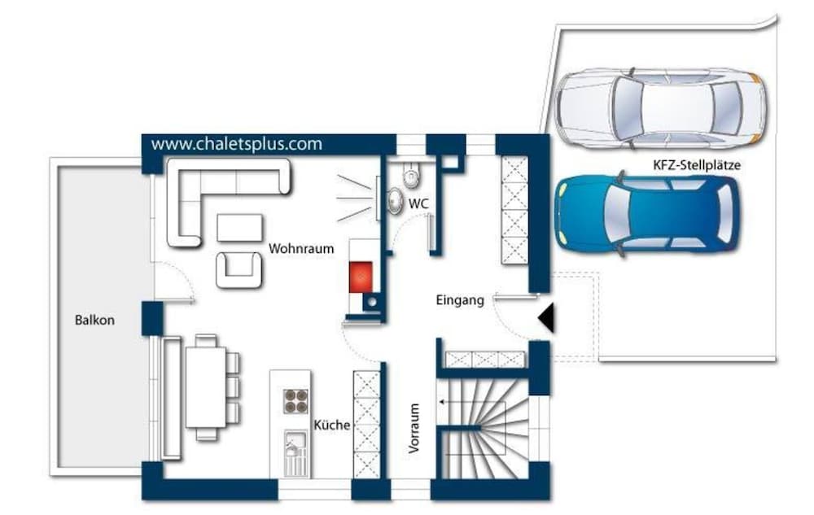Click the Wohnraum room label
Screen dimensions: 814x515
click(301, 248)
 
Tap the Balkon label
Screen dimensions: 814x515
click(94, 320)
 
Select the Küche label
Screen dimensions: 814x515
click(332, 425)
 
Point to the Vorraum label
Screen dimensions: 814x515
click(414, 429)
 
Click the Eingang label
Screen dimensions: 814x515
click(460, 300)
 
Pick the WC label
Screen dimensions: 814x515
click(418, 204)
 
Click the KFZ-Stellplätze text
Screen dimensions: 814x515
click(697, 165)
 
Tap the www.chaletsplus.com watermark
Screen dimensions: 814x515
click(237, 144)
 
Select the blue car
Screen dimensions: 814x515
click(647, 214)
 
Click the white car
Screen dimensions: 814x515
click(660, 109)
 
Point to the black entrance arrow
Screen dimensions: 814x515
click(546, 318)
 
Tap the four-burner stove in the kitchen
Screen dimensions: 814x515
click(295, 401)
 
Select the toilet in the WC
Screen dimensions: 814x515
click(411, 174)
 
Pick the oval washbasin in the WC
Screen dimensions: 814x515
click(395, 201)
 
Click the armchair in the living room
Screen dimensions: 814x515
click(239, 269)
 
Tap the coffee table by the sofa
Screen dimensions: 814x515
click(239, 228)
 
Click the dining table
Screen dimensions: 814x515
click(206, 387)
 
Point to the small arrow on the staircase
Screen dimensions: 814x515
click(442, 401)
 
